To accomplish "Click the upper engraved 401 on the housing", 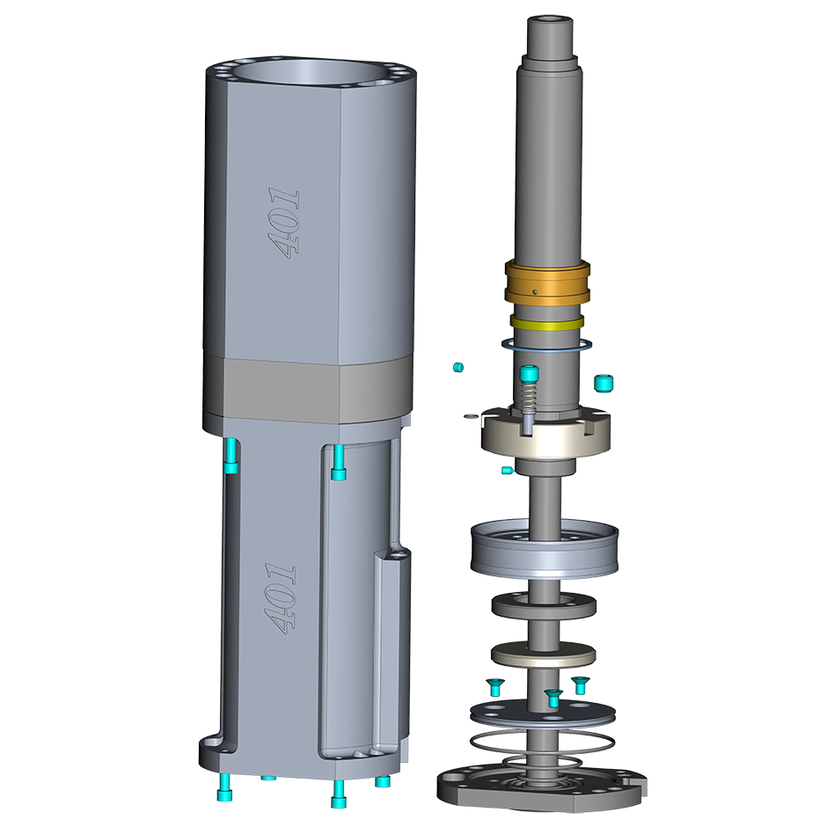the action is (284, 223).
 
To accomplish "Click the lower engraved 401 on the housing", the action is (280, 597).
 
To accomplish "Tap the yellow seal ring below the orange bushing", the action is (547, 323).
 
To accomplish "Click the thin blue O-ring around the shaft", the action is (546, 345).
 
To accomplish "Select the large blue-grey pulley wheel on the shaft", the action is (545, 547).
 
